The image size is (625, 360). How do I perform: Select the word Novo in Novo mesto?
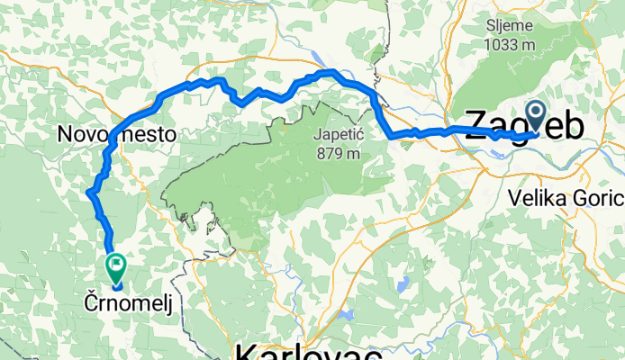pyautogui.click(x=81, y=134)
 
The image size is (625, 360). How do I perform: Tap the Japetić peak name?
pyautogui.click(x=336, y=136)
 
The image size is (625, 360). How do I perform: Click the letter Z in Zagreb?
pyautogui.click(x=478, y=128)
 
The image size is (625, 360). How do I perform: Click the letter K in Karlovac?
pyautogui.click(x=246, y=350)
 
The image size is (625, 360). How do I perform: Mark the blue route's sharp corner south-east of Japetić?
pyautogui.click(x=390, y=137)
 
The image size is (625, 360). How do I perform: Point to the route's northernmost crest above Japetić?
pyautogui.click(x=329, y=72)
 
